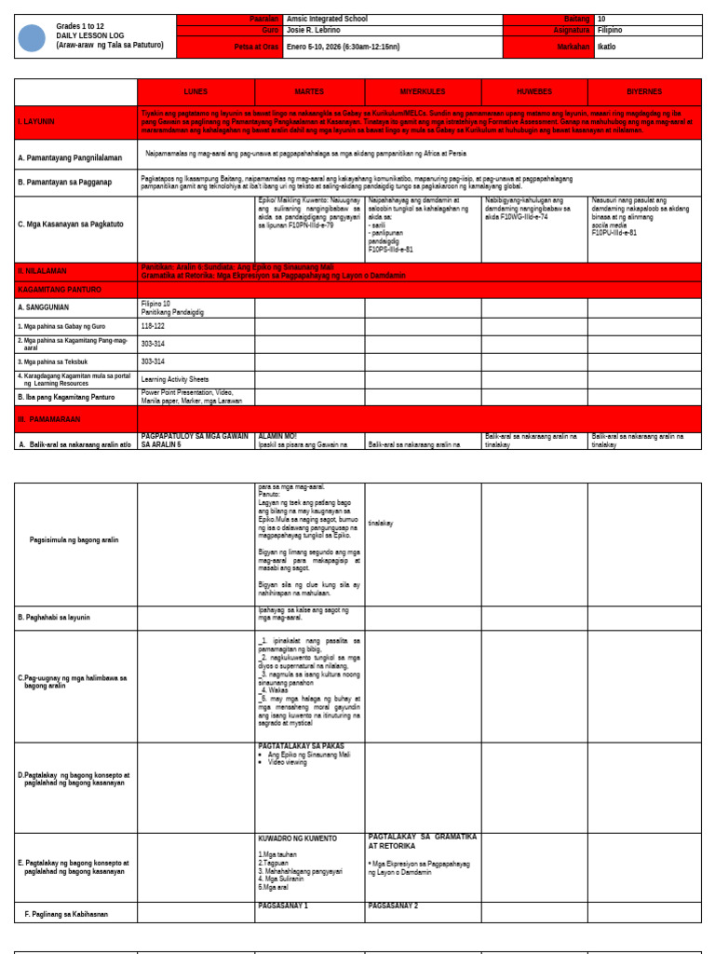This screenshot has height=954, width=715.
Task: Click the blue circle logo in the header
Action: point(32,38)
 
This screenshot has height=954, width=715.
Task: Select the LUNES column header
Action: point(196,92)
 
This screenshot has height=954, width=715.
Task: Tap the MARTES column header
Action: point(309,92)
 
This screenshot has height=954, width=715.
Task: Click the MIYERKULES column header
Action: point(423,92)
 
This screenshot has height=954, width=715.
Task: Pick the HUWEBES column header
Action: point(534,92)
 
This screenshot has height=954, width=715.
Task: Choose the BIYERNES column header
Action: point(644,92)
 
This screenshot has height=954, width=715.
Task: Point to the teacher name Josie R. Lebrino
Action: point(314,30)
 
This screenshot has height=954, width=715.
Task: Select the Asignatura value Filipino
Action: point(611,30)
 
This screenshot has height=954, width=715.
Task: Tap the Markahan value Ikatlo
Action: point(607,47)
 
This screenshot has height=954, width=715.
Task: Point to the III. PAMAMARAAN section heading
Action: point(49,420)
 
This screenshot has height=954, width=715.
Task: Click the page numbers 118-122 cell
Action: point(153,326)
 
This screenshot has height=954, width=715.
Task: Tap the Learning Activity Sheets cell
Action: point(175,379)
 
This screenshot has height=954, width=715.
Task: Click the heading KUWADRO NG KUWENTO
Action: point(297,838)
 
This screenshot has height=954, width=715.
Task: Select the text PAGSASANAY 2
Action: point(393,906)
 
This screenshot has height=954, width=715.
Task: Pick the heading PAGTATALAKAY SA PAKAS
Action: point(301,746)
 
